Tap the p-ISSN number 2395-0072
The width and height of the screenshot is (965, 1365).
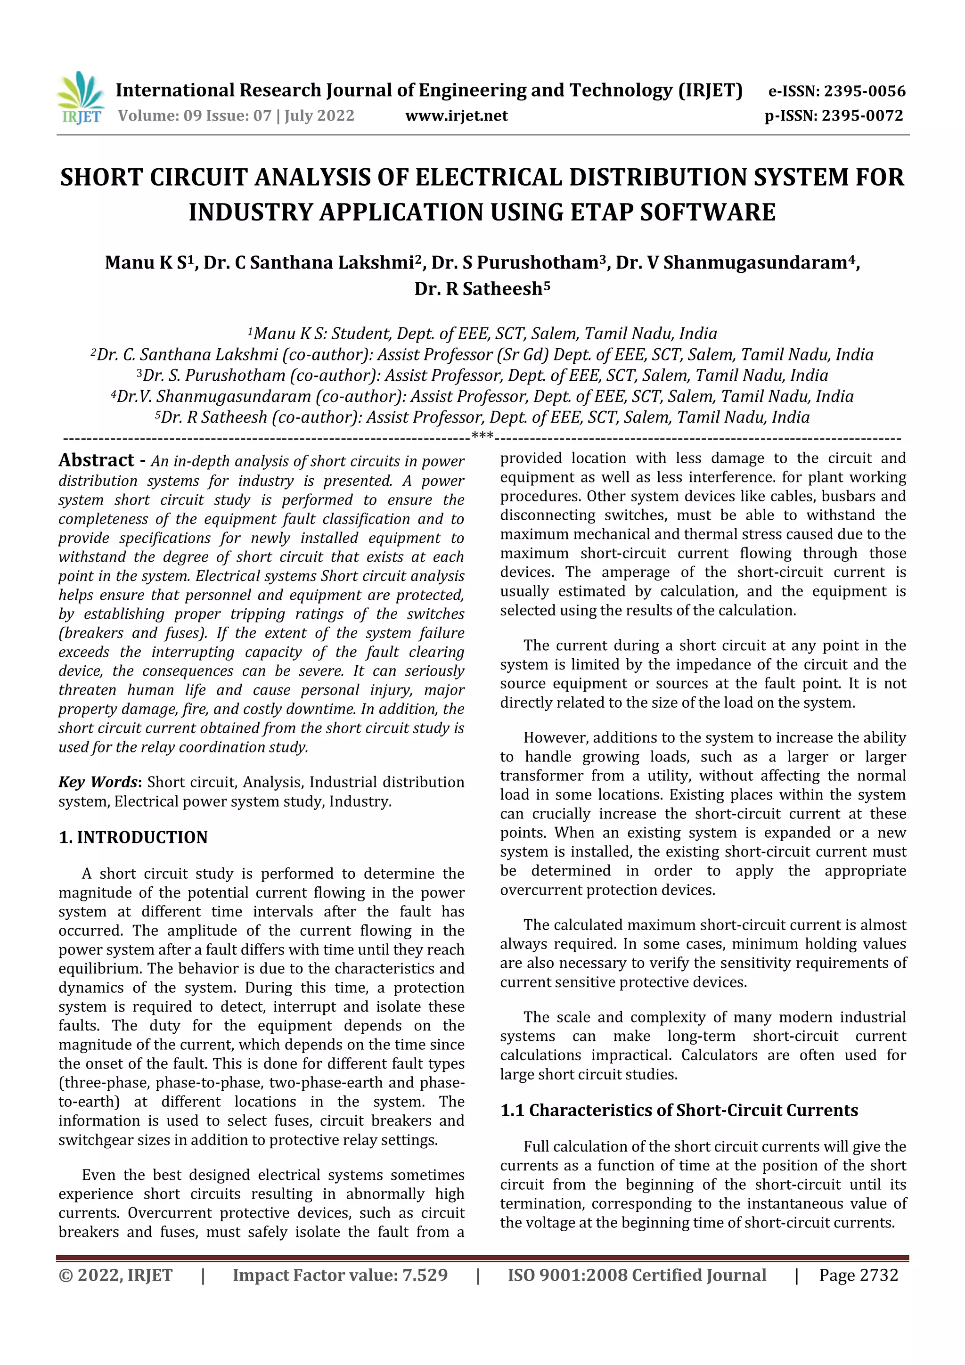pyautogui.click(x=862, y=116)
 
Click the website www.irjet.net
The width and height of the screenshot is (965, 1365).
pyautogui.click(x=456, y=116)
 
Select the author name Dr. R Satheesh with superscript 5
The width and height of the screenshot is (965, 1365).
pyautogui.click(x=482, y=289)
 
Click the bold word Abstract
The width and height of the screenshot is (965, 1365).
pyautogui.click(x=96, y=460)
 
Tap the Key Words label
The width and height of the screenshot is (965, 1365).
pyautogui.click(x=98, y=782)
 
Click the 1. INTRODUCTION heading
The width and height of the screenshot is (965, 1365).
pyautogui.click(x=133, y=837)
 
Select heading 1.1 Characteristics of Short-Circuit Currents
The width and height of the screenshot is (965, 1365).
pyautogui.click(x=679, y=1110)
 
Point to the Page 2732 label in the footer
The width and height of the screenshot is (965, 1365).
pyautogui.click(x=858, y=1275)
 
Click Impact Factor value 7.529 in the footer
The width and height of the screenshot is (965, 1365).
pyautogui.click(x=340, y=1275)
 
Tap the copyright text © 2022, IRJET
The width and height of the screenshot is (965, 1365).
pyautogui.click(x=115, y=1275)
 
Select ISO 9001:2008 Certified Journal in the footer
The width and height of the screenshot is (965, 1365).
pyautogui.click(x=636, y=1275)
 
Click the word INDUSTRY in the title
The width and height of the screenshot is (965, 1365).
pyautogui.click(x=250, y=212)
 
